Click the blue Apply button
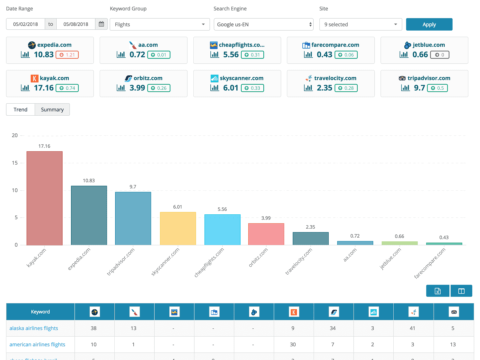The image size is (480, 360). [x=429, y=24]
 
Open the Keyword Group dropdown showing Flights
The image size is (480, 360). [x=159, y=24]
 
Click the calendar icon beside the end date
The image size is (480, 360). [x=101, y=24]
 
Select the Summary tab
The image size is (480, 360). [x=52, y=110]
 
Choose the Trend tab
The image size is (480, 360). [x=20, y=110]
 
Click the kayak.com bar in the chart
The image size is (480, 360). [x=44, y=198]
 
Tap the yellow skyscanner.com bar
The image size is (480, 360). [x=178, y=229]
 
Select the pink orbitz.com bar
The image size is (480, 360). [x=266, y=234]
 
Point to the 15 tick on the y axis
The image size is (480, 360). [x=15, y=163]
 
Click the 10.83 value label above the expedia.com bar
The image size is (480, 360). [x=89, y=181]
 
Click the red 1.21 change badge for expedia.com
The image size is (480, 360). [x=67, y=55]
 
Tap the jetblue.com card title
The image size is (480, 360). [x=428, y=45]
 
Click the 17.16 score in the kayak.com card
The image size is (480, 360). [x=44, y=88]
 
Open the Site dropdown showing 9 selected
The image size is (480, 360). [x=360, y=24]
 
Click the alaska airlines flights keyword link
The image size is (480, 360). [x=34, y=328]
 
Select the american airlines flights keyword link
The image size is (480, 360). [x=37, y=345]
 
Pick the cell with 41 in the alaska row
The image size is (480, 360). [x=412, y=328]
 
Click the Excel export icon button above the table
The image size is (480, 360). [x=438, y=291]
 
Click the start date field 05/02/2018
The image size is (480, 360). [x=26, y=24]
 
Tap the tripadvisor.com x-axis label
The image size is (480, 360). [x=121, y=262]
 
